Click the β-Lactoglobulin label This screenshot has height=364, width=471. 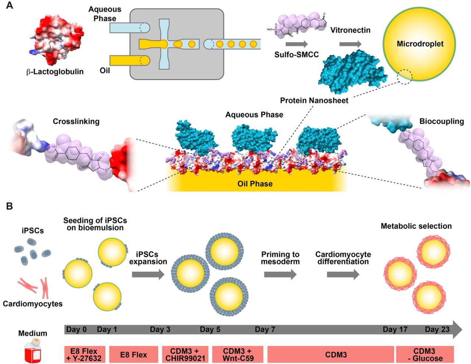point(55,72)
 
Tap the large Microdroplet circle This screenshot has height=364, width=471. point(419,44)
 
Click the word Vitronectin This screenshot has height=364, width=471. point(350,30)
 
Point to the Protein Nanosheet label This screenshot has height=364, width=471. point(314,100)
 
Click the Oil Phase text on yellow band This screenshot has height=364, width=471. point(255,183)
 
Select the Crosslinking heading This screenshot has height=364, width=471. point(76,121)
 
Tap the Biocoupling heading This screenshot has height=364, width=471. point(442,121)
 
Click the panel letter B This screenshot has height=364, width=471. point(9,206)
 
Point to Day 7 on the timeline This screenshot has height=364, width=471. point(265,329)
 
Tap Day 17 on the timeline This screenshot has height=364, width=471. point(395,329)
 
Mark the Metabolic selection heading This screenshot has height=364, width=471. point(416,226)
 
